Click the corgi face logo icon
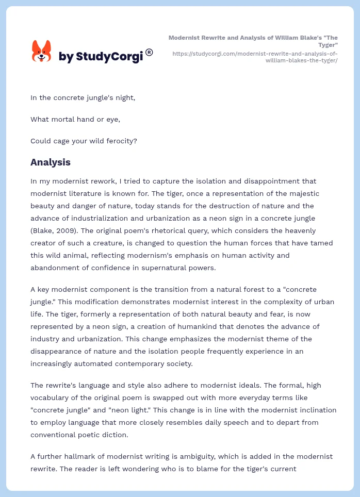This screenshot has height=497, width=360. pyautogui.click(x=42, y=51)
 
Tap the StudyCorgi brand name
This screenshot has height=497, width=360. pyautogui.click(x=101, y=57)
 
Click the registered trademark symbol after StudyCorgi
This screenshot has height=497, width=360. pyautogui.click(x=149, y=52)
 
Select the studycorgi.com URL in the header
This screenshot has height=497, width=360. pyautogui.click(x=255, y=57)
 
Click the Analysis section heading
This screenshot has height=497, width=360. pyautogui.click(x=51, y=162)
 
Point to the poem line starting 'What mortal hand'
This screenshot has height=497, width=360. pyautogui.click(x=75, y=119)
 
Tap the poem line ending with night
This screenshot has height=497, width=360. pyautogui.click(x=83, y=97)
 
